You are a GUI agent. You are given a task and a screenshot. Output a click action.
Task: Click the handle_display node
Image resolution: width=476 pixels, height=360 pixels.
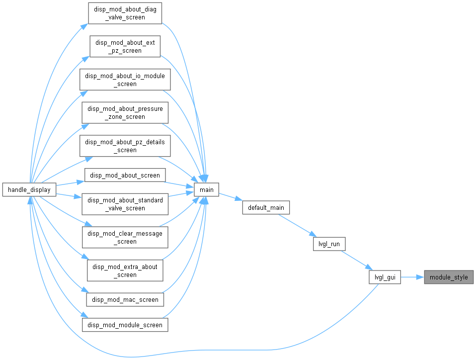tap(29, 189)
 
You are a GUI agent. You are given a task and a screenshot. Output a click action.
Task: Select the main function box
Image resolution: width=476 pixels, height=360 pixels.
tap(206, 189)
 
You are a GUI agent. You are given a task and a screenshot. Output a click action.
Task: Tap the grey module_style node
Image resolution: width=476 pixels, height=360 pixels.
tap(449, 277)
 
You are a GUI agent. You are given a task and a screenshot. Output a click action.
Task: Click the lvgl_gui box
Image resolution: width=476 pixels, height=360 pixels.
tap(385, 277)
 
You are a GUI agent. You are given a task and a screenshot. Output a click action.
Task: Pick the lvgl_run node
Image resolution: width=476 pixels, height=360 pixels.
tap(329, 244)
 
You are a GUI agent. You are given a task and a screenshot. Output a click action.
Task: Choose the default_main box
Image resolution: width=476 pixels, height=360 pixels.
tap(266, 207)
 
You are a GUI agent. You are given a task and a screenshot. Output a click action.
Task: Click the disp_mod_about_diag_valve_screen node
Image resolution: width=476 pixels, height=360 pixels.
tap(125, 13)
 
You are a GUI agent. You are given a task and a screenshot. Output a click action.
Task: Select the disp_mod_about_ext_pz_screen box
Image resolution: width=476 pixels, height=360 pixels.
tap(125, 46)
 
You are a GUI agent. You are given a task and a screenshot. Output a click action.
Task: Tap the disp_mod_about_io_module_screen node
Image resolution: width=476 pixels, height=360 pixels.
tap(125, 80)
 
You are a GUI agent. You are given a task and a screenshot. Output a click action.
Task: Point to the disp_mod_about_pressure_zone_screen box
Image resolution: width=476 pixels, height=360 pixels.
tap(125, 113)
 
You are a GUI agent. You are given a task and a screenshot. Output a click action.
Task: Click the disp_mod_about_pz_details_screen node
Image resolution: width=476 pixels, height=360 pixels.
tap(125, 146)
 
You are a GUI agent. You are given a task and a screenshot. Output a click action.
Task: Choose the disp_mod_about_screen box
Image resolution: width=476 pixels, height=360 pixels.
tap(125, 176)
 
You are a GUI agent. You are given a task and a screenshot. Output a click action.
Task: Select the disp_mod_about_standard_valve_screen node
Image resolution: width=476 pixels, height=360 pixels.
tap(125, 204)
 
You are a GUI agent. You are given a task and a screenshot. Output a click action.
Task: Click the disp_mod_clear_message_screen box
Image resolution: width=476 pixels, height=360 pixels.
tap(125, 237)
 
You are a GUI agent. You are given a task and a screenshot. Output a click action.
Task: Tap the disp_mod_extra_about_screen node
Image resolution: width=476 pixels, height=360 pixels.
tap(125, 270)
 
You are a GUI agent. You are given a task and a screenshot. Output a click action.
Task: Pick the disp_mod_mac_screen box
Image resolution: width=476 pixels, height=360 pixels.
tap(125, 299)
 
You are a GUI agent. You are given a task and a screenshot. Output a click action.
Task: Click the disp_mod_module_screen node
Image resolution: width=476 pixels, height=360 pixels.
tap(125, 325)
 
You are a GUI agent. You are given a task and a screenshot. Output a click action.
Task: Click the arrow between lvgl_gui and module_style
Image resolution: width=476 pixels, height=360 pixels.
tap(412, 277)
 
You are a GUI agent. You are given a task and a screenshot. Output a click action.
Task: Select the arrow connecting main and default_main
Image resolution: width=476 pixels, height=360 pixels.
tap(231, 196)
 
